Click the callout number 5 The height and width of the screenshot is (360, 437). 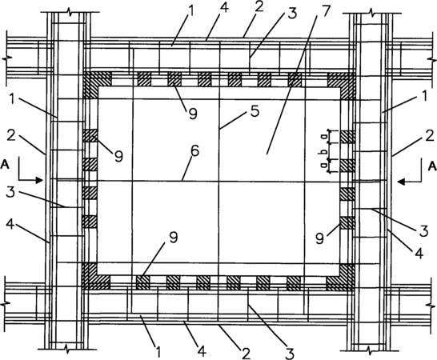pyautogui.click(x=255, y=111)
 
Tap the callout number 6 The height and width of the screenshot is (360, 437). pyautogui.click(x=194, y=150)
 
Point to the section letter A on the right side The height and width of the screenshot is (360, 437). pyautogui.click(x=432, y=166)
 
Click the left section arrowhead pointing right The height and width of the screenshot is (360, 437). pyautogui.click(x=39, y=180)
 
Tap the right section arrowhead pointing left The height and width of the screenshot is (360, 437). pyautogui.click(x=402, y=182)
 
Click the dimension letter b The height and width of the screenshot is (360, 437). pyautogui.click(x=324, y=151)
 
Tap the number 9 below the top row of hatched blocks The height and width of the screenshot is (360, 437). pyautogui.click(x=193, y=114)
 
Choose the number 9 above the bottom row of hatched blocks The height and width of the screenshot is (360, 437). pyautogui.click(x=174, y=238)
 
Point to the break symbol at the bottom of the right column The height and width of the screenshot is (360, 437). pyautogui.click(x=370, y=350)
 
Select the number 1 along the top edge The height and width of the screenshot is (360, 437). pyautogui.click(x=191, y=10)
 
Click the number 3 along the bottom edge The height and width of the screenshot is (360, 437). pyautogui.click(x=290, y=354)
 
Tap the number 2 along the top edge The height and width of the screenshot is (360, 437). pyautogui.click(x=259, y=6)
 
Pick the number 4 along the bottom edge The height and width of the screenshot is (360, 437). pyautogui.click(x=202, y=351)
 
